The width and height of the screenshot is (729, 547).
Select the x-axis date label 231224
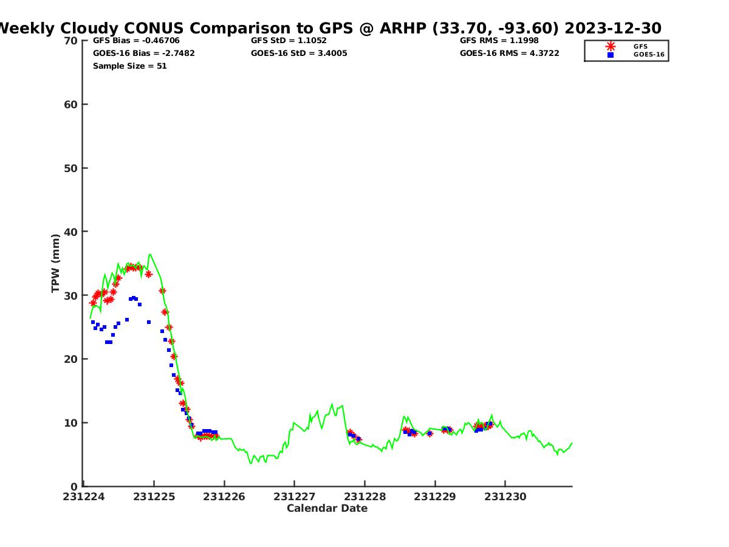(84, 497)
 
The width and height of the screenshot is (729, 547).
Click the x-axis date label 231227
(294, 497)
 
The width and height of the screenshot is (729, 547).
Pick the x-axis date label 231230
(505, 497)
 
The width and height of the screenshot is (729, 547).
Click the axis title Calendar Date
(327, 509)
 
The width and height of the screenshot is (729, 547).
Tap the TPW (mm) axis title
(56, 263)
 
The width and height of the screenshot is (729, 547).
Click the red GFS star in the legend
(611, 46)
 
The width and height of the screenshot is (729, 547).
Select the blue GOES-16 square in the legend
(611, 55)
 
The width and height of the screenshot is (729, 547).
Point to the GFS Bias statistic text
(136, 41)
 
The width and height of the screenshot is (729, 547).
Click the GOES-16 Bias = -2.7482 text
(144, 53)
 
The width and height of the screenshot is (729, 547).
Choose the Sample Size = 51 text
(129, 66)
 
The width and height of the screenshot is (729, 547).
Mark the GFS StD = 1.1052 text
(289, 41)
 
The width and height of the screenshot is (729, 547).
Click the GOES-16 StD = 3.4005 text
(299, 53)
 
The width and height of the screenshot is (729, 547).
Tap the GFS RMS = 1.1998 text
(499, 41)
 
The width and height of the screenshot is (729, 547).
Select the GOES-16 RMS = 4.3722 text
(509, 53)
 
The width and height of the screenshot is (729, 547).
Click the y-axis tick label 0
(74, 486)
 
